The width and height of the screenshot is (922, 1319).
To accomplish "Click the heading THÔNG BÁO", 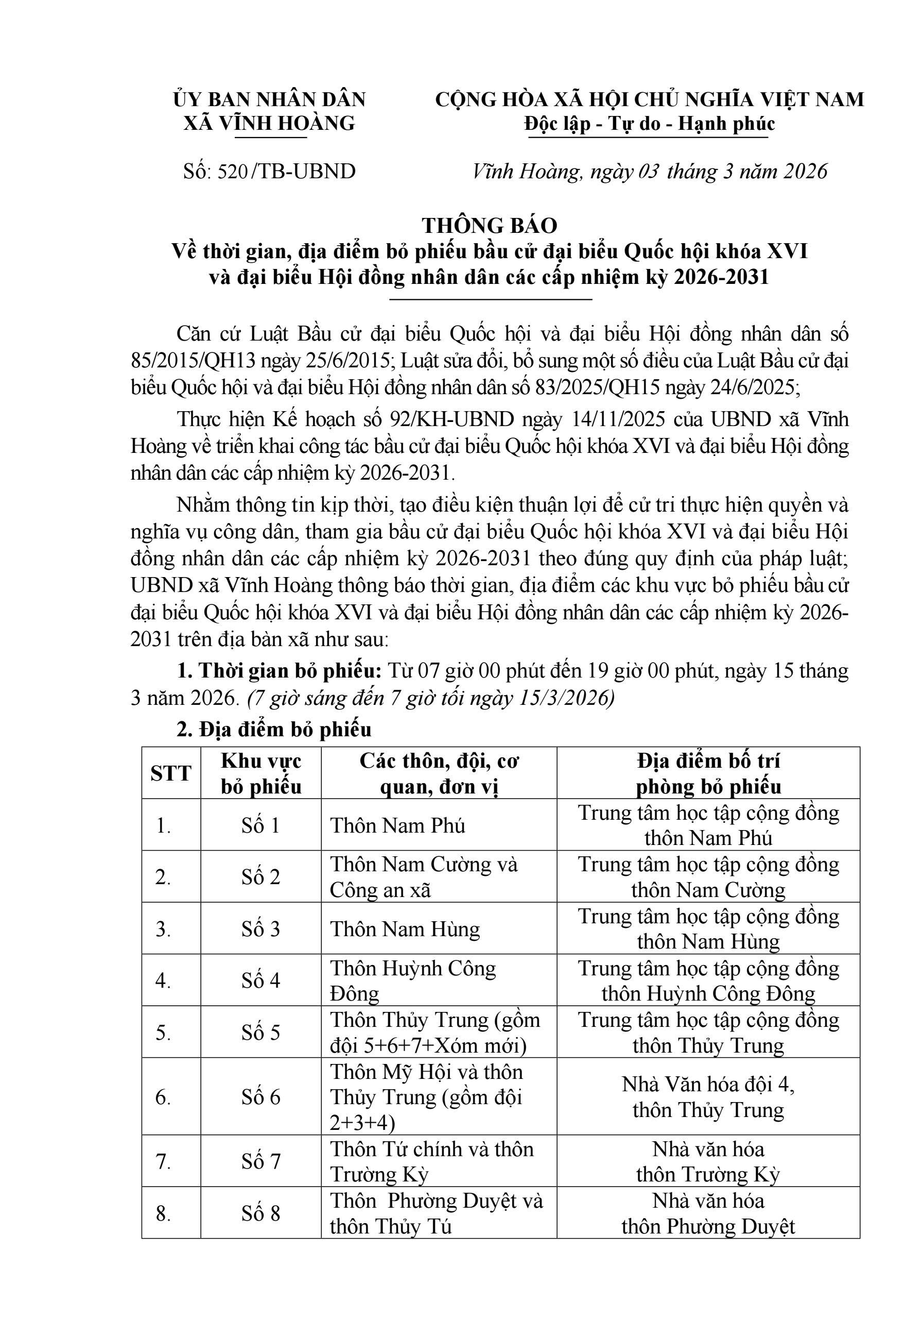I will point(489,226).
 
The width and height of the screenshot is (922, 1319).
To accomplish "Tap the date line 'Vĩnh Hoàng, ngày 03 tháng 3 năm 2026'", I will point(649,171).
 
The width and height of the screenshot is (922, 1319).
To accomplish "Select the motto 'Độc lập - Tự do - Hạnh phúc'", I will point(649,124).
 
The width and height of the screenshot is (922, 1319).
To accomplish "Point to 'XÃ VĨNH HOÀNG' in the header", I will point(269,124).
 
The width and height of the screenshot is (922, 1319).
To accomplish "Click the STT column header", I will point(170,773).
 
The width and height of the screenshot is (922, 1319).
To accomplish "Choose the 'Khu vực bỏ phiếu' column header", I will point(261,773).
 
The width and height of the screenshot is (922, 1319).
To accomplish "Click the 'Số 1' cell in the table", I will point(260,825).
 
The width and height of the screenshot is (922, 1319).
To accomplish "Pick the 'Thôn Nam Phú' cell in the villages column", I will point(397,825).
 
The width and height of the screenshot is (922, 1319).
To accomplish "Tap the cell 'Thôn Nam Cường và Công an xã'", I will point(424,877).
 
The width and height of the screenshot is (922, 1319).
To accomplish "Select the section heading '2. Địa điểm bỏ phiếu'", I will point(274,730).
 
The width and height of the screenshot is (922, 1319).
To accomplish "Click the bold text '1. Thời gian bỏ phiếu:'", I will point(279,670).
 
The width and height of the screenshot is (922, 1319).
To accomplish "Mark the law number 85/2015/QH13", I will point(194,361).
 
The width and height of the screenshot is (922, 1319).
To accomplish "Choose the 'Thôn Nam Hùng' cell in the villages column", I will point(405,929).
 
